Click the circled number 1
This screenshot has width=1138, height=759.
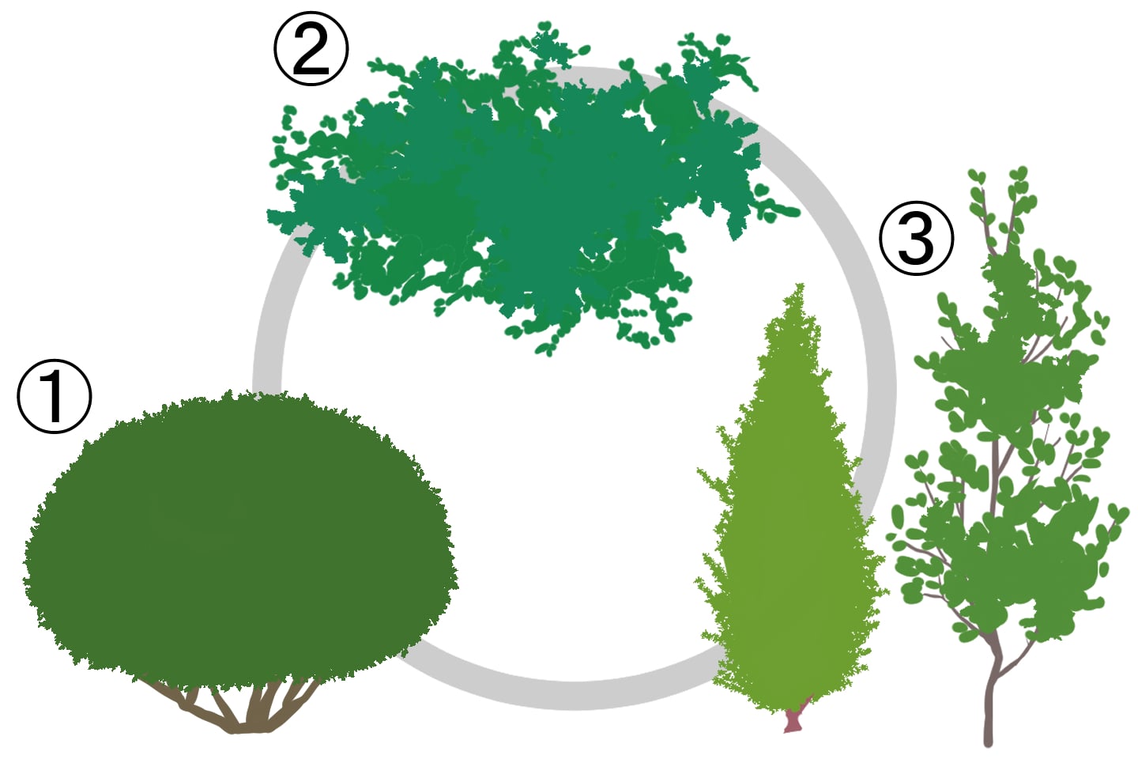pyautogui.click(x=55, y=397)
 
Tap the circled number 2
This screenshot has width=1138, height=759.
pyautogui.click(x=311, y=48)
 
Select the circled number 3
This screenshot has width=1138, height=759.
pyautogui.click(x=916, y=239)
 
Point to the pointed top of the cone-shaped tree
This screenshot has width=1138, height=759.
pyautogui.click(x=800, y=285)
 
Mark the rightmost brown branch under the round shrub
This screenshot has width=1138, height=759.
pyautogui.click(x=299, y=697)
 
